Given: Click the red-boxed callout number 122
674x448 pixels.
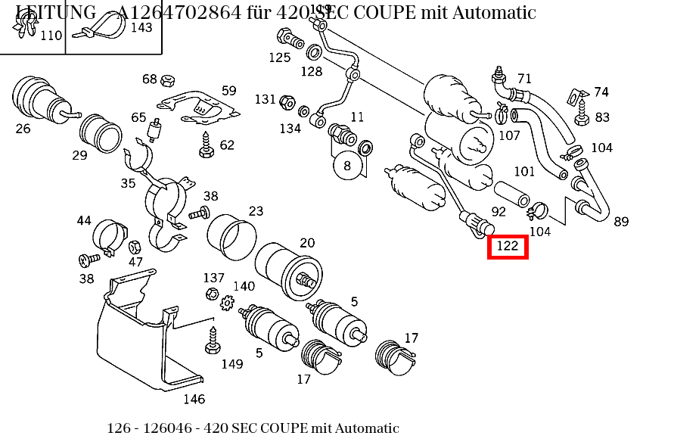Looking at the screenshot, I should pyautogui.click(x=507, y=246).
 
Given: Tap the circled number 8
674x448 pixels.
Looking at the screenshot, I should pyautogui.click(x=347, y=165).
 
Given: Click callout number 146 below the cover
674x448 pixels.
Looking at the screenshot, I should pyautogui.click(x=194, y=399).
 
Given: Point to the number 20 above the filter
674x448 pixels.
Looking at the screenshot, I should pyautogui.click(x=307, y=243).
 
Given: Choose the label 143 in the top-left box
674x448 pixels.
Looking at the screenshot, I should pyautogui.click(x=141, y=27).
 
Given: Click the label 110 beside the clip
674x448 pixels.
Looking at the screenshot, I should pyautogui.click(x=51, y=36).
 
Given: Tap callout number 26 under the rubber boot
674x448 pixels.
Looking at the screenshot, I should pyautogui.click(x=23, y=129).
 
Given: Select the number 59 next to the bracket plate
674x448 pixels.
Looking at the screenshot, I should pyautogui.click(x=228, y=91).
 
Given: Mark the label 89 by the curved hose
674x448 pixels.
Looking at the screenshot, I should pyautogui.click(x=621, y=222).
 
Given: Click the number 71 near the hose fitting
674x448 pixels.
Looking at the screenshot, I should pyautogui.click(x=524, y=79).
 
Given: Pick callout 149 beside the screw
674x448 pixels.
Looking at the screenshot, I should pyautogui.click(x=232, y=364).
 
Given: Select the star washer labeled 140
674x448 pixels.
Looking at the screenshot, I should pyautogui.click(x=226, y=303).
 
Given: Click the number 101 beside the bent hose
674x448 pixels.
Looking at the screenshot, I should pyautogui.click(x=524, y=172).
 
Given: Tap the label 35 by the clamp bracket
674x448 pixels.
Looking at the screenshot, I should pyautogui.click(x=128, y=183).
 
